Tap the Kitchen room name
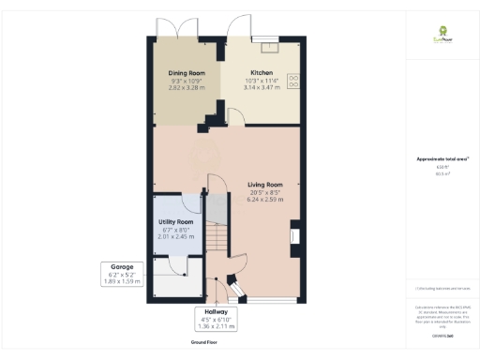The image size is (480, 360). click(261, 72)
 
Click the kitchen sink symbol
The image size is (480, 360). click(270, 46)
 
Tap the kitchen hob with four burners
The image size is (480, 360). click(292, 82)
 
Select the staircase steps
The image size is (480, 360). click(217, 239)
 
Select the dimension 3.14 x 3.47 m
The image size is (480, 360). click(262, 87)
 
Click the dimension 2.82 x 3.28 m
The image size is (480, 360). click(186, 87)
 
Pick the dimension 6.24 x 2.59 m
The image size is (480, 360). click(262, 200)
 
